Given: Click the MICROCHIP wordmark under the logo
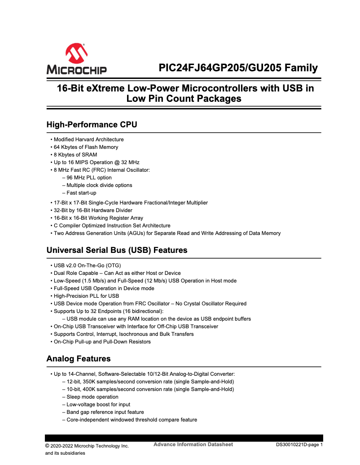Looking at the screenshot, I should coord(76,70).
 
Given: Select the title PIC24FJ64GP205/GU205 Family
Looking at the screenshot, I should coord(238,68).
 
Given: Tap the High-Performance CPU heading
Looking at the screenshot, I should coord(92,125).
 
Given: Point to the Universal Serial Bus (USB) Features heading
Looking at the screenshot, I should coord(117,250).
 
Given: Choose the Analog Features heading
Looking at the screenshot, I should coord(79,359).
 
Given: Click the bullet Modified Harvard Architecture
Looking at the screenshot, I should coord(88,139).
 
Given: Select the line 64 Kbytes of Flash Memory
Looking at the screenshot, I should coord(86,147).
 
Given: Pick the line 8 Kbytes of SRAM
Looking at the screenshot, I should coord(75,155).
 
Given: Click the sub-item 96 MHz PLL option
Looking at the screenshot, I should coord(89,178).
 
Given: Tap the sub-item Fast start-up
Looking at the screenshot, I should coord(81,193).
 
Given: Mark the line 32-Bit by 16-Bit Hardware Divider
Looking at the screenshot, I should coord(93,210).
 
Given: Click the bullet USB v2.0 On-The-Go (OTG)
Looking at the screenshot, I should coord(87,265).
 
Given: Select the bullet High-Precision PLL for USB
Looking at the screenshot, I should coord(86,296).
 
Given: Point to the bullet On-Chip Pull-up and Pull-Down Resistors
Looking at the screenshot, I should coord(102,342).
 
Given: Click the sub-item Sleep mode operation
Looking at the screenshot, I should coord(92,397).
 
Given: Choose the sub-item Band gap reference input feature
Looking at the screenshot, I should coord(105,412).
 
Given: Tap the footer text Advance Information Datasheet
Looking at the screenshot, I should coord(193,444).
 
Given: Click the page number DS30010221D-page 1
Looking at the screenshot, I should coord(299,445).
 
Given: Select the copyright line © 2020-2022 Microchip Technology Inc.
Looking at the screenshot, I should coord(87,446).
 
